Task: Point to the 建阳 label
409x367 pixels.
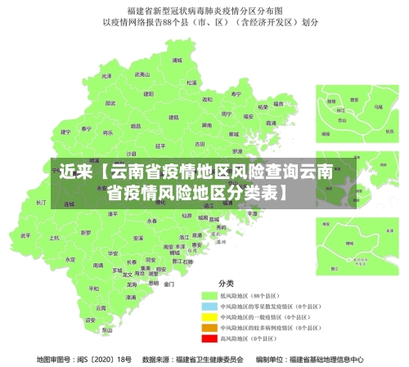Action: [x=148, y=94]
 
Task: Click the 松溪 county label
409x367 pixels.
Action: [x=191, y=83]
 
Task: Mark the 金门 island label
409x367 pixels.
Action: [x=169, y=284]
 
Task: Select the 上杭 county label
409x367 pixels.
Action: [x=55, y=239]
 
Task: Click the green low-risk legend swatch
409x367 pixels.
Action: [x=209, y=293]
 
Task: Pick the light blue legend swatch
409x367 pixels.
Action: [x=209, y=304]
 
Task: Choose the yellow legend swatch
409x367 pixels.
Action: [x=209, y=315]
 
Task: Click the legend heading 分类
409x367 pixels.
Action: [x=225, y=282]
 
